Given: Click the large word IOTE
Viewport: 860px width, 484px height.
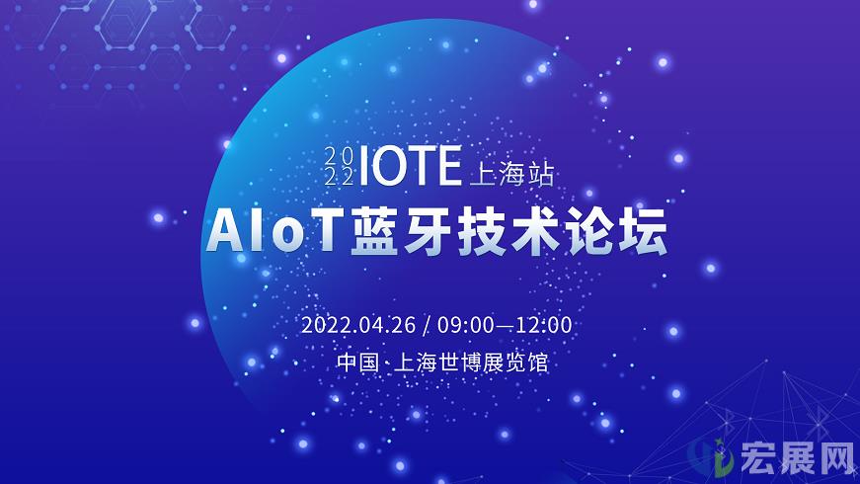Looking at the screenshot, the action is [x=410, y=166].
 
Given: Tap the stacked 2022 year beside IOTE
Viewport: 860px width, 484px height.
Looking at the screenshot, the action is [x=339, y=166].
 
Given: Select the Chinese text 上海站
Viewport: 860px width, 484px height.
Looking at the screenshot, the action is [x=511, y=174].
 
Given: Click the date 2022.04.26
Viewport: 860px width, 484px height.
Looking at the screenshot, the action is [x=358, y=325].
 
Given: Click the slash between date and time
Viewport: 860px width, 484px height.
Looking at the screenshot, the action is [x=427, y=325].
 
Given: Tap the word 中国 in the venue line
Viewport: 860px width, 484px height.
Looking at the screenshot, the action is [x=358, y=363].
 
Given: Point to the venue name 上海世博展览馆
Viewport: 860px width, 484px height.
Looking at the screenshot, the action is [x=471, y=363].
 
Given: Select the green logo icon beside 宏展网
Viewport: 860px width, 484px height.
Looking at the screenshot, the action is [x=711, y=456].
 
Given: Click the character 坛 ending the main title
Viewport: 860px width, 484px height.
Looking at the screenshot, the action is [x=643, y=230].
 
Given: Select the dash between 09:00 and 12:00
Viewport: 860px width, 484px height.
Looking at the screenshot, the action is [x=505, y=325].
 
